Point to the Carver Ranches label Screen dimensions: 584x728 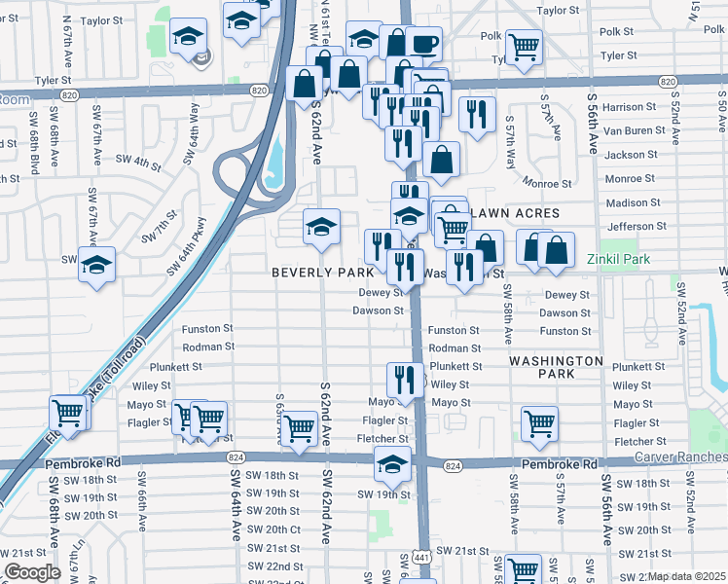pos(680,456)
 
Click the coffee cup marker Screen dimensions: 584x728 pos(424,44)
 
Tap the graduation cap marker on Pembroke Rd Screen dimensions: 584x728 pos(392,464)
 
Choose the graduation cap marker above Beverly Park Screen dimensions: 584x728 pos(322,227)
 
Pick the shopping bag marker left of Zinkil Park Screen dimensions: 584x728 pos(556,249)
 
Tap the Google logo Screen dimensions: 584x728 pos(32,572)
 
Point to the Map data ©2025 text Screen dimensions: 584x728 pos(687,576)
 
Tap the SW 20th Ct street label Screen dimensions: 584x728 pos(273,529)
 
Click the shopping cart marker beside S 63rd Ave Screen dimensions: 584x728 pos(298,427)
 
